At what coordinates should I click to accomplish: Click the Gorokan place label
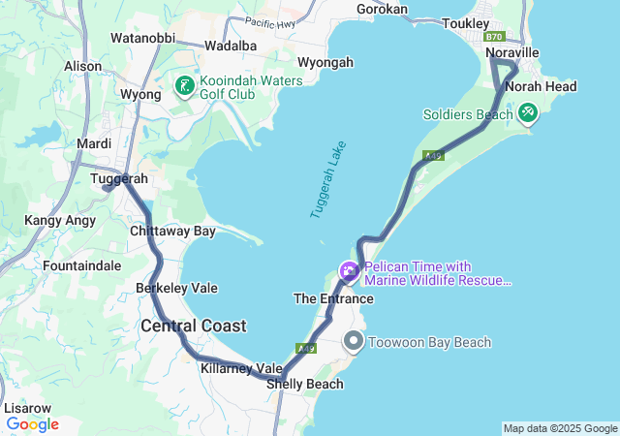[x=383, y=9]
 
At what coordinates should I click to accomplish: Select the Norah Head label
[x=541, y=86]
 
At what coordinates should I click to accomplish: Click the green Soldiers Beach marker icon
[x=527, y=113]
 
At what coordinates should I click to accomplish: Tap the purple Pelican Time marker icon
[x=348, y=271]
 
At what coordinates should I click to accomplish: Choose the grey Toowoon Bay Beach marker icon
[x=355, y=341]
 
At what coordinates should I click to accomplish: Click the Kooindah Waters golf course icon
[x=183, y=87]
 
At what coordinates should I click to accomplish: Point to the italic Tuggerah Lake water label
[x=328, y=179]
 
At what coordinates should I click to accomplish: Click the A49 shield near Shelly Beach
[x=307, y=348]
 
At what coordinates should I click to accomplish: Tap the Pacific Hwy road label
[x=270, y=21]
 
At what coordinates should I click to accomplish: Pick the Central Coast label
[x=194, y=326]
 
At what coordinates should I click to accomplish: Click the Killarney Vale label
[x=241, y=368]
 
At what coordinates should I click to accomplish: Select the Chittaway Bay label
[x=172, y=231]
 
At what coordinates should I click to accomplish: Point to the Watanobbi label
[x=142, y=38]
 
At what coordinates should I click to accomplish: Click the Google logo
[x=33, y=423]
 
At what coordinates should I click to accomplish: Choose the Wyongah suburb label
[x=325, y=62]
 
